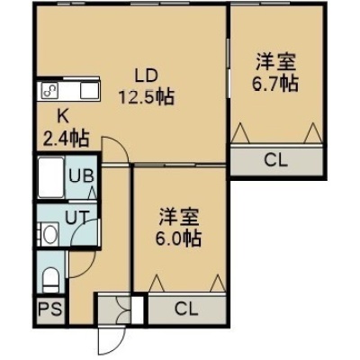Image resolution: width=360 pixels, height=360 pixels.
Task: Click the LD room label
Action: point(146,76)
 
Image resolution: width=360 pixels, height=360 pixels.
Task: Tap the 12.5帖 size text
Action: point(147,97)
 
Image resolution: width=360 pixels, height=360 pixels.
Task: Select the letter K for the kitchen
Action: point(63,117)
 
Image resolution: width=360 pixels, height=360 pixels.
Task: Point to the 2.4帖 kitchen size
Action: point(67,139)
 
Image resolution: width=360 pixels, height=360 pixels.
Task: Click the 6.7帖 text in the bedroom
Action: point(275,84)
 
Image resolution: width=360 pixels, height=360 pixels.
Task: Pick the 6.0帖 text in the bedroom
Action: point(178,238)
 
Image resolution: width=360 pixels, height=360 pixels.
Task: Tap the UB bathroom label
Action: point(81,175)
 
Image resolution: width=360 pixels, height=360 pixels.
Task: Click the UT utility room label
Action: point(77,218)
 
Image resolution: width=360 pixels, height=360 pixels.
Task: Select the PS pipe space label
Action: point(49,309)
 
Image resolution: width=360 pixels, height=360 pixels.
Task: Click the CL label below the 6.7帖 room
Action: point(275,161)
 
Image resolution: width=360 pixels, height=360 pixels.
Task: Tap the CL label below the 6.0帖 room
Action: point(186,309)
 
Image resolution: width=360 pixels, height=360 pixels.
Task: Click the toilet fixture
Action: point(50,280)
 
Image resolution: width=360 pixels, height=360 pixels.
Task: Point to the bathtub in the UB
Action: point(50,177)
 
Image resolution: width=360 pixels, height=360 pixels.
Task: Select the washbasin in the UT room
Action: point(50,234)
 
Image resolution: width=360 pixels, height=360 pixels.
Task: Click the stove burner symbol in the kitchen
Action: point(50,90)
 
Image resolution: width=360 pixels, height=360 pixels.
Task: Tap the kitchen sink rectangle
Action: point(89,90)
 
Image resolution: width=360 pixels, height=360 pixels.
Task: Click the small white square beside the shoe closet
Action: point(138,310)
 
